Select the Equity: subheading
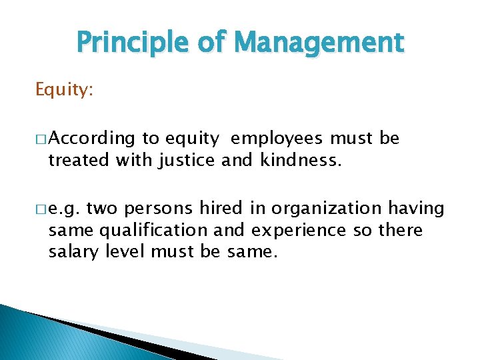pyautogui.click(x=64, y=89)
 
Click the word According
pyautogui.click(x=92, y=139)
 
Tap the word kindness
pyautogui.click(x=302, y=160)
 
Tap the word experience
pyautogui.click(x=299, y=231)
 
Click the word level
pyautogui.click(x=125, y=252)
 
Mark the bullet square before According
pyautogui.click(x=41, y=139)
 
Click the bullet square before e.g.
pyautogui.click(x=41, y=209)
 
